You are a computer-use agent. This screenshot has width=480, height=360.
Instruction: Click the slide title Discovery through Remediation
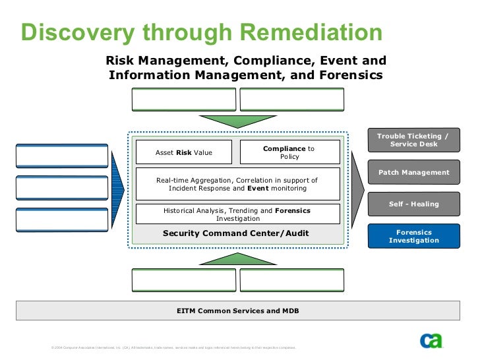(x=201, y=32)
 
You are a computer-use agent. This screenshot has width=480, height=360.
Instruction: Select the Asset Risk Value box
(x=183, y=152)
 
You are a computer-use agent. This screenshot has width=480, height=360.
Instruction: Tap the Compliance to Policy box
(x=289, y=152)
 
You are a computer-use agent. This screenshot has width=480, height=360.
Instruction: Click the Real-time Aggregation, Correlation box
(x=237, y=184)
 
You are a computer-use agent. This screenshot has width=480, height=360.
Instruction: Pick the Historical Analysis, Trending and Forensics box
(x=237, y=214)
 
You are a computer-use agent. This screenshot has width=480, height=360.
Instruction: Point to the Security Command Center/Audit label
(x=235, y=233)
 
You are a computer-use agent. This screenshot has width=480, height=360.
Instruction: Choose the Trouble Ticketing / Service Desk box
(x=413, y=140)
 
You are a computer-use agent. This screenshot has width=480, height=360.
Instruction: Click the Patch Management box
(x=413, y=173)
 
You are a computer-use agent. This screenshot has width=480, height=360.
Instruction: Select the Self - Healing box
(x=413, y=204)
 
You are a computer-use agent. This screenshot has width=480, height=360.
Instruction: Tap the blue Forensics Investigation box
(x=413, y=236)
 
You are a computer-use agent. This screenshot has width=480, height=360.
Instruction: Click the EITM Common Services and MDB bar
(x=238, y=310)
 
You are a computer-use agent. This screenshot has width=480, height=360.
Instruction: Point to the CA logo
(x=431, y=340)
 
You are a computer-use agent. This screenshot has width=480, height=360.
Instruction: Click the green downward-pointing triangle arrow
(x=237, y=121)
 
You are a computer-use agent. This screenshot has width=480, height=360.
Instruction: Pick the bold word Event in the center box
(x=258, y=188)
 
